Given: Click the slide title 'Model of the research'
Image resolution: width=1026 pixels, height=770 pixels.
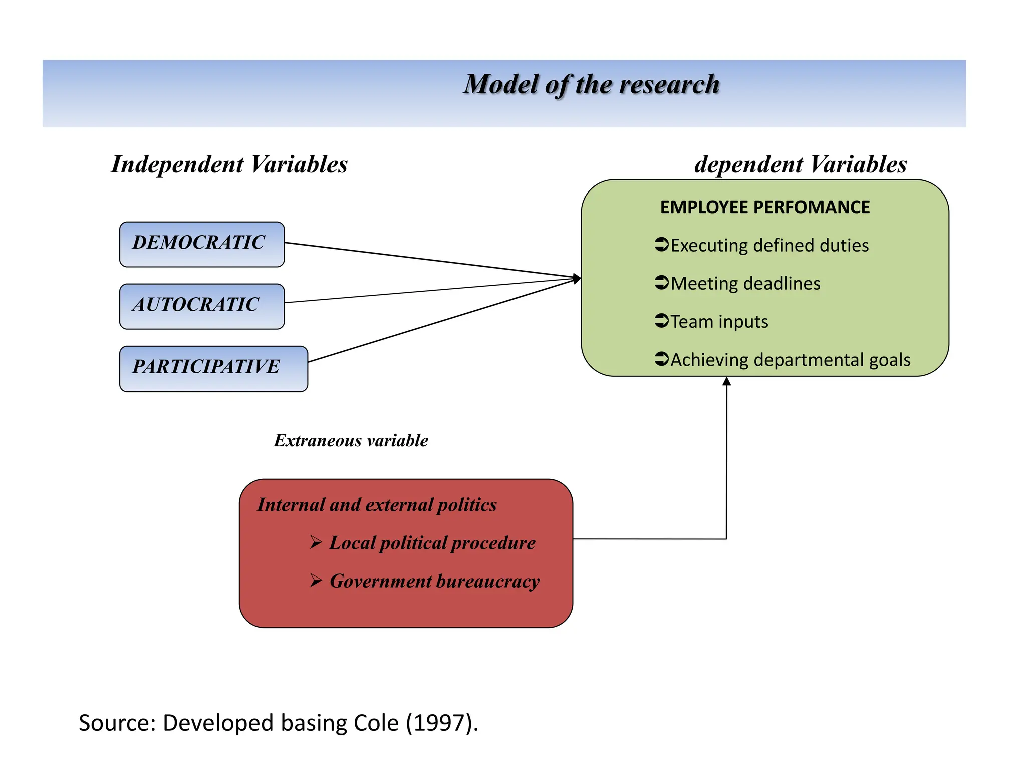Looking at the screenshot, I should pos(591,84).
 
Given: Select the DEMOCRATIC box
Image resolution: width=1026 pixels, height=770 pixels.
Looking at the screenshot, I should pos(201,244).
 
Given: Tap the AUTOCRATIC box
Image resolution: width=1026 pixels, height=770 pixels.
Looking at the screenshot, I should pos(201,306).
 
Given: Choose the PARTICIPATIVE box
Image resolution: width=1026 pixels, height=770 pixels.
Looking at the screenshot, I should pos(213,368).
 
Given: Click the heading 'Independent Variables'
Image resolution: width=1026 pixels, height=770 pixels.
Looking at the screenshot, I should pos(229,164).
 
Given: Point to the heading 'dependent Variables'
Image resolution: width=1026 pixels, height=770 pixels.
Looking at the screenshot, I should pos(800,164).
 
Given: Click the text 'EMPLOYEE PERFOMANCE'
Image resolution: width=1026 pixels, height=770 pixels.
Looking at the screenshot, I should pos(764,207).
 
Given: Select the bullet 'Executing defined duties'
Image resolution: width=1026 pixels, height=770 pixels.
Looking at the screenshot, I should pos(769,245).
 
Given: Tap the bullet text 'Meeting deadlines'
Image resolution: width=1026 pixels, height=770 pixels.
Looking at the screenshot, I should pos(745,283).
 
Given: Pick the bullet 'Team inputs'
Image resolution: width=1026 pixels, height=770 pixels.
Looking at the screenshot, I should pos(719,321).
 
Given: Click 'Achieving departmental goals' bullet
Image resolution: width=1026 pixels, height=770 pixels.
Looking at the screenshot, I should pos(790,360).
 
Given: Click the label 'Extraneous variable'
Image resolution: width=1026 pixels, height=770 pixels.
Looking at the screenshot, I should pos(351,440).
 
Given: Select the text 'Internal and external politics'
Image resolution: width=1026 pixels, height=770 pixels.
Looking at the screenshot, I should pos(377,504).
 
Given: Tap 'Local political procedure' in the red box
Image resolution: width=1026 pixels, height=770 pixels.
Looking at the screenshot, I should pos(432,543).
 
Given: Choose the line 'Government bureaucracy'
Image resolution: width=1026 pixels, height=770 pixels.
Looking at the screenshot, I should pos(434,581).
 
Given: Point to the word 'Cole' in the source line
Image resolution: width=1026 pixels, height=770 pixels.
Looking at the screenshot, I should pos(376,723).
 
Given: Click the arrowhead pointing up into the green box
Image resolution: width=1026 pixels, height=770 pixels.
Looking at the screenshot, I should pos(726,381).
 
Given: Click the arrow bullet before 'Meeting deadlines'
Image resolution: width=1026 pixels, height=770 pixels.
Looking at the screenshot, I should pos(661,282).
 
